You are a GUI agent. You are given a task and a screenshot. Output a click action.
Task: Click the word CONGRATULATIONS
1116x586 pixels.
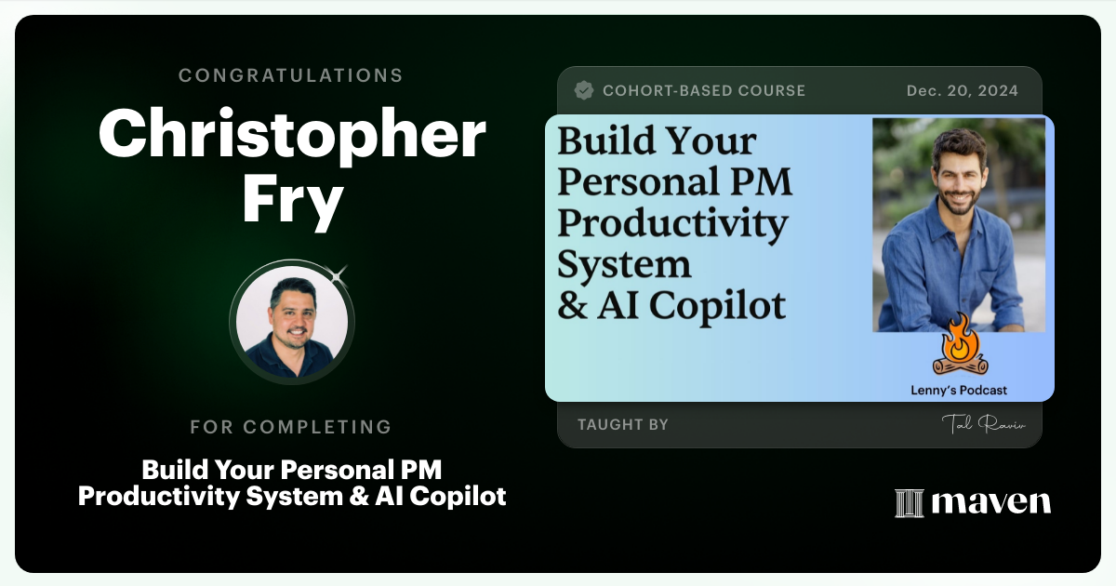click(291, 75)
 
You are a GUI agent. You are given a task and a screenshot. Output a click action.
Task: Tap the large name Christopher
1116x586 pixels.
click(292, 134)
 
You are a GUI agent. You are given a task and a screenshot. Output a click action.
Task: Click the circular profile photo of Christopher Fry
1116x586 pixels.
click(292, 321)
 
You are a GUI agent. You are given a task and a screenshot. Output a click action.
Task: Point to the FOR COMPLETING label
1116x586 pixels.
click(291, 427)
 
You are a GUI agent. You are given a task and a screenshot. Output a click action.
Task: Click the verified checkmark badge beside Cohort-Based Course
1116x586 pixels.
click(584, 90)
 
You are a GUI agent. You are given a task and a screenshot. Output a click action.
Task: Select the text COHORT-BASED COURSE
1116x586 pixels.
click(704, 91)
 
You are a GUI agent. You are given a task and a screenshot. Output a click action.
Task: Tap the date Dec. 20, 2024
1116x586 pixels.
click(962, 91)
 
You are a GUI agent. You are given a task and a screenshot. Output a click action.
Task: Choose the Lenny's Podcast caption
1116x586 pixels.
click(958, 391)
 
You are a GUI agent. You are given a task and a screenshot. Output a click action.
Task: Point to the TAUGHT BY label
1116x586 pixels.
click(622, 425)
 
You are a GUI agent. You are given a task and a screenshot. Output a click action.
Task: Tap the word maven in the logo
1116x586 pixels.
click(991, 502)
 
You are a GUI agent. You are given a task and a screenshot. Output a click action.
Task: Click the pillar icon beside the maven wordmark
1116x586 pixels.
click(909, 503)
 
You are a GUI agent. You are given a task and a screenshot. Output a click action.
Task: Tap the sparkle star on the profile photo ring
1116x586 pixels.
click(339, 273)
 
